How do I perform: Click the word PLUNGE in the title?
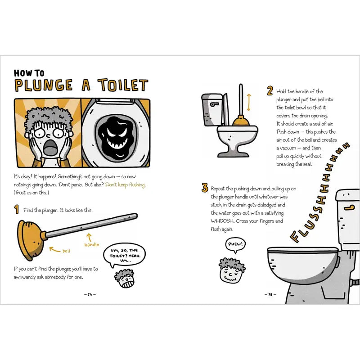coord(44,85)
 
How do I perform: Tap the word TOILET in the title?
coord(123,85)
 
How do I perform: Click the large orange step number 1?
coord(17,209)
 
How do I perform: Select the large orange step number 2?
coord(270,91)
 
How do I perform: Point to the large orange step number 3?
coord(205,188)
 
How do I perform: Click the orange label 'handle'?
coord(92,245)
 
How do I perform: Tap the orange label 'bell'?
coord(66,251)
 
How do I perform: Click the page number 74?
coord(90,295)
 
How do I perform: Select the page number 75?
coord(270,295)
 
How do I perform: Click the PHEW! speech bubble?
coord(235,244)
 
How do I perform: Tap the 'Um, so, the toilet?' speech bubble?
coord(124,255)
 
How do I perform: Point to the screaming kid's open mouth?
coord(49,147)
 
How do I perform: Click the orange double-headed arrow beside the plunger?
coord(249,103)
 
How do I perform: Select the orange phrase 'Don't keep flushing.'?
coord(126,185)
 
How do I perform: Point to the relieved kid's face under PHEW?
coord(231,274)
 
